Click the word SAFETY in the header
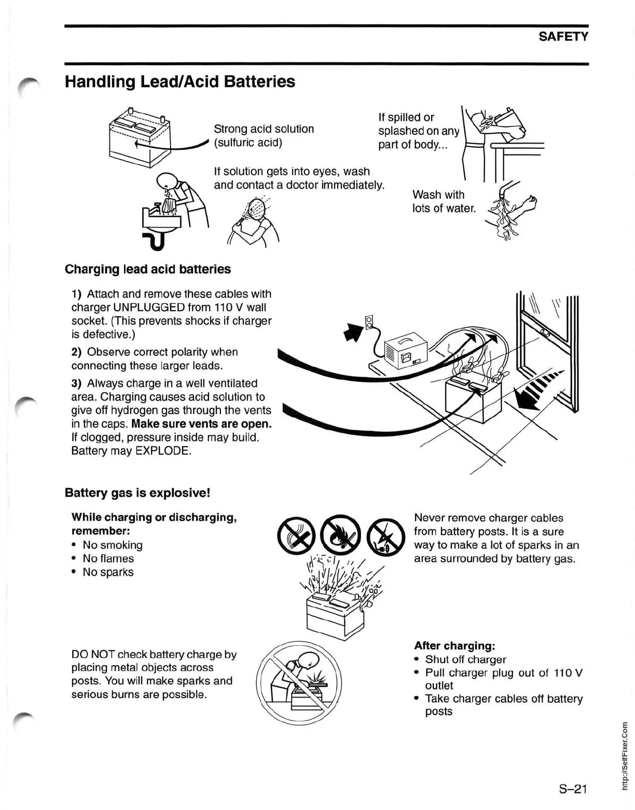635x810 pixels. pyautogui.click(x=563, y=36)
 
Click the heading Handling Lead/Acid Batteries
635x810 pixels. pyautogui.click(x=180, y=81)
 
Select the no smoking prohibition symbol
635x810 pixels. pyautogui.click(x=297, y=535)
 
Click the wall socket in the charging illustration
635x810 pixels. pyautogui.click(x=369, y=322)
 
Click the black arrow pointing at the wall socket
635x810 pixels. pyautogui.click(x=353, y=332)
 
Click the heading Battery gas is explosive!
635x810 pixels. pyautogui.click(x=137, y=492)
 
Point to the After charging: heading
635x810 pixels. pyautogui.click(x=454, y=646)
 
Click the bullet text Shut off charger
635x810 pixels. pyautogui.click(x=465, y=659)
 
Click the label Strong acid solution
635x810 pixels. pyautogui.click(x=264, y=129)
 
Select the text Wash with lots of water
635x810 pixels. pyautogui.click(x=444, y=202)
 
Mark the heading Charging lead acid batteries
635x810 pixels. pyautogui.click(x=148, y=269)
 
